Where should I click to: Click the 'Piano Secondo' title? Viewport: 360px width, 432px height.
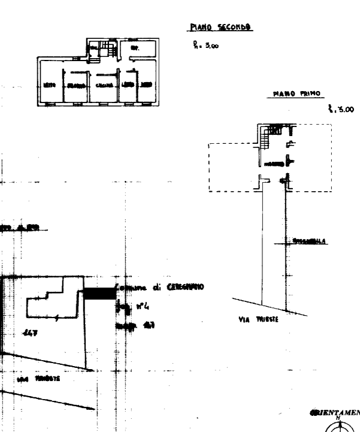point(220,28)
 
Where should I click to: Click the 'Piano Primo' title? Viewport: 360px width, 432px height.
point(297,94)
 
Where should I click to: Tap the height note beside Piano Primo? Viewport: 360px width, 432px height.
point(341,109)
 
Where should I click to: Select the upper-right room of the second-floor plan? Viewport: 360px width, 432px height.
point(139,49)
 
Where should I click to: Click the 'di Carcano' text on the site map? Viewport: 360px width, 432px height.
point(177,287)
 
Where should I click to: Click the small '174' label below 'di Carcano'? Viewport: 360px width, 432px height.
point(143,307)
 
